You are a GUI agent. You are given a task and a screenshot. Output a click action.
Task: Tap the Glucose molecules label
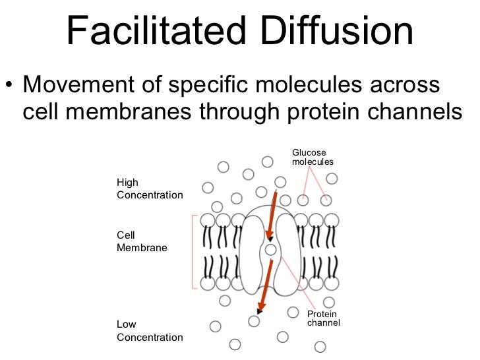click(x=313, y=157)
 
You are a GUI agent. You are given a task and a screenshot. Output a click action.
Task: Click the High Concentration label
click(x=150, y=189)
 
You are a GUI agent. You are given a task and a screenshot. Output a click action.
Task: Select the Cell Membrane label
click(x=141, y=241)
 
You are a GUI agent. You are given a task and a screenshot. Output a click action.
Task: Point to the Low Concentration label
click(x=150, y=331)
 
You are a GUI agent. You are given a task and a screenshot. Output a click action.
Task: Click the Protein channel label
click(x=323, y=318)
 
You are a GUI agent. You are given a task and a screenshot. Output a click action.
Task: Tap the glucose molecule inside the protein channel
click(x=271, y=250)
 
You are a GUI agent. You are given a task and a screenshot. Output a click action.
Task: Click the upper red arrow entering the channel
click(x=270, y=214)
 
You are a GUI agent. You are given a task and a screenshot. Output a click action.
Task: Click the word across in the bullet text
click(x=406, y=86)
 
